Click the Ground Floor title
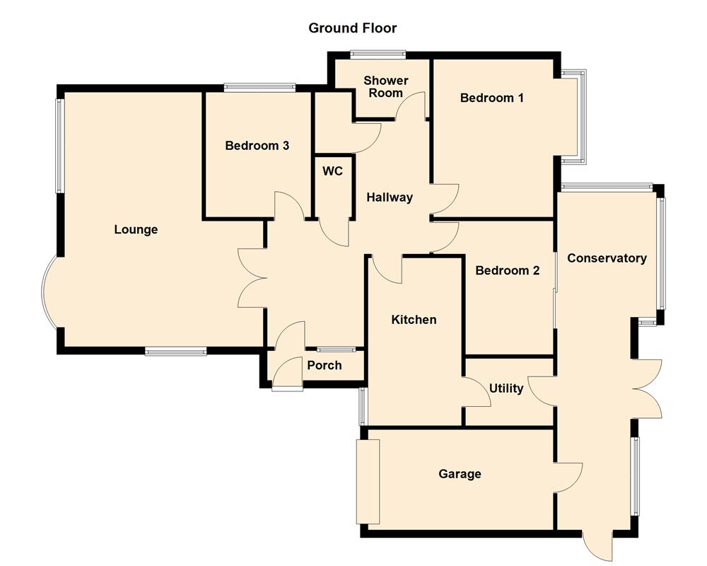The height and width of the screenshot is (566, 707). [x=353, y=28]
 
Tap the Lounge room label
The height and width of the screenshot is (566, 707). [x=136, y=229]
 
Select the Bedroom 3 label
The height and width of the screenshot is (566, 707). [x=257, y=146]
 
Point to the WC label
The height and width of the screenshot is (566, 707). [x=332, y=171]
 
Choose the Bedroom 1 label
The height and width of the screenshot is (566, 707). [x=491, y=98]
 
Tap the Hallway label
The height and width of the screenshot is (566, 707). [x=389, y=197]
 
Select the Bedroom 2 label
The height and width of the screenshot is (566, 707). [x=507, y=270]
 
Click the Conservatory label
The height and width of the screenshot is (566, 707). [x=607, y=258]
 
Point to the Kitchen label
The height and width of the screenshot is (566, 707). [x=414, y=320]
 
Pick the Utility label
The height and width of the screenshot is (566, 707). [x=506, y=388]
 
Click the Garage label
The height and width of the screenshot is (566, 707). [x=460, y=473]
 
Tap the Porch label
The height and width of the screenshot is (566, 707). [x=325, y=365]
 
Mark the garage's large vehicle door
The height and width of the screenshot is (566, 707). [x=368, y=481]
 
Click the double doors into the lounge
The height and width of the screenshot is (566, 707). [x=252, y=278]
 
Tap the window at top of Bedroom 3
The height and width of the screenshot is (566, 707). [x=259, y=88]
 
